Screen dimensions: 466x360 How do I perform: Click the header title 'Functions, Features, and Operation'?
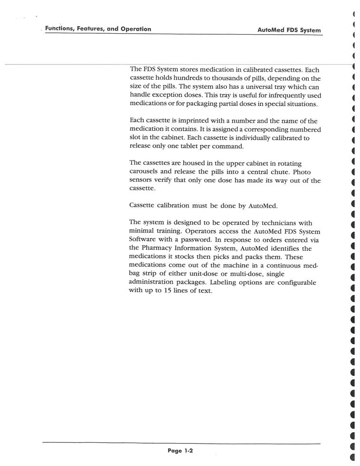tap(98, 29)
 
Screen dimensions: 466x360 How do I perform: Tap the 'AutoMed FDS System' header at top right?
tap(289, 30)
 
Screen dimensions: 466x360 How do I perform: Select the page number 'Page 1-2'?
tap(180, 451)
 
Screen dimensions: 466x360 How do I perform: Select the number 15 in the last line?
tap(163, 291)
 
